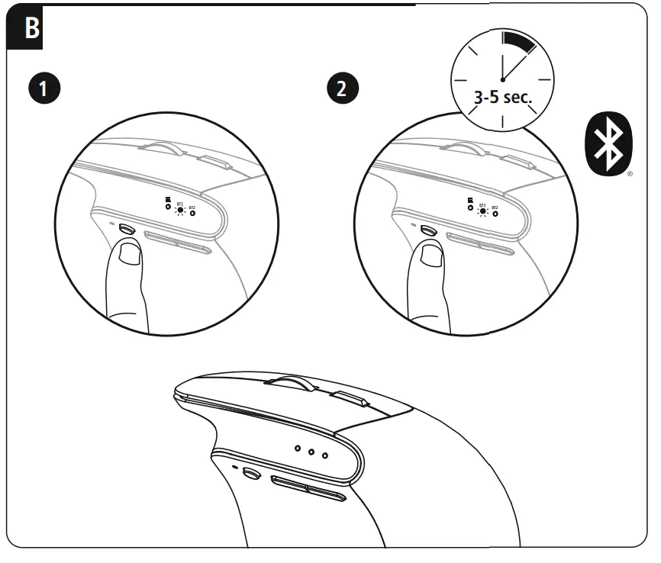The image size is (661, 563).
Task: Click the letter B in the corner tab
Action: pyautogui.click(x=31, y=28)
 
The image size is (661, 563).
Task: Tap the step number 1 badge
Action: pyautogui.click(x=47, y=88)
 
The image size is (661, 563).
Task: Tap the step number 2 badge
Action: pyautogui.click(x=343, y=88)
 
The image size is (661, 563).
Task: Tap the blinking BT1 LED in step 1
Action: pyautogui.click(x=180, y=211)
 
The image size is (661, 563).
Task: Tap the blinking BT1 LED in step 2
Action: pyautogui.click(x=482, y=211)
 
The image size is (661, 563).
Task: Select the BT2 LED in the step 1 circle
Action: pyautogui.click(x=192, y=214)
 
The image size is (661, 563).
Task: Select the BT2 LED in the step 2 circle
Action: pyautogui.click(x=495, y=214)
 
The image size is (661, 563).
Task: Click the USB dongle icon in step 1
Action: pyautogui.click(x=168, y=206)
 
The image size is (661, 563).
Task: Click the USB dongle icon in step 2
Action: pyautogui.click(x=470, y=206)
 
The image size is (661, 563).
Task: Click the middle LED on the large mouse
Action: pyautogui.click(x=311, y=452)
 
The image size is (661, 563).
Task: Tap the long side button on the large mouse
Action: pyautogui.click(x=308, y=488)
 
